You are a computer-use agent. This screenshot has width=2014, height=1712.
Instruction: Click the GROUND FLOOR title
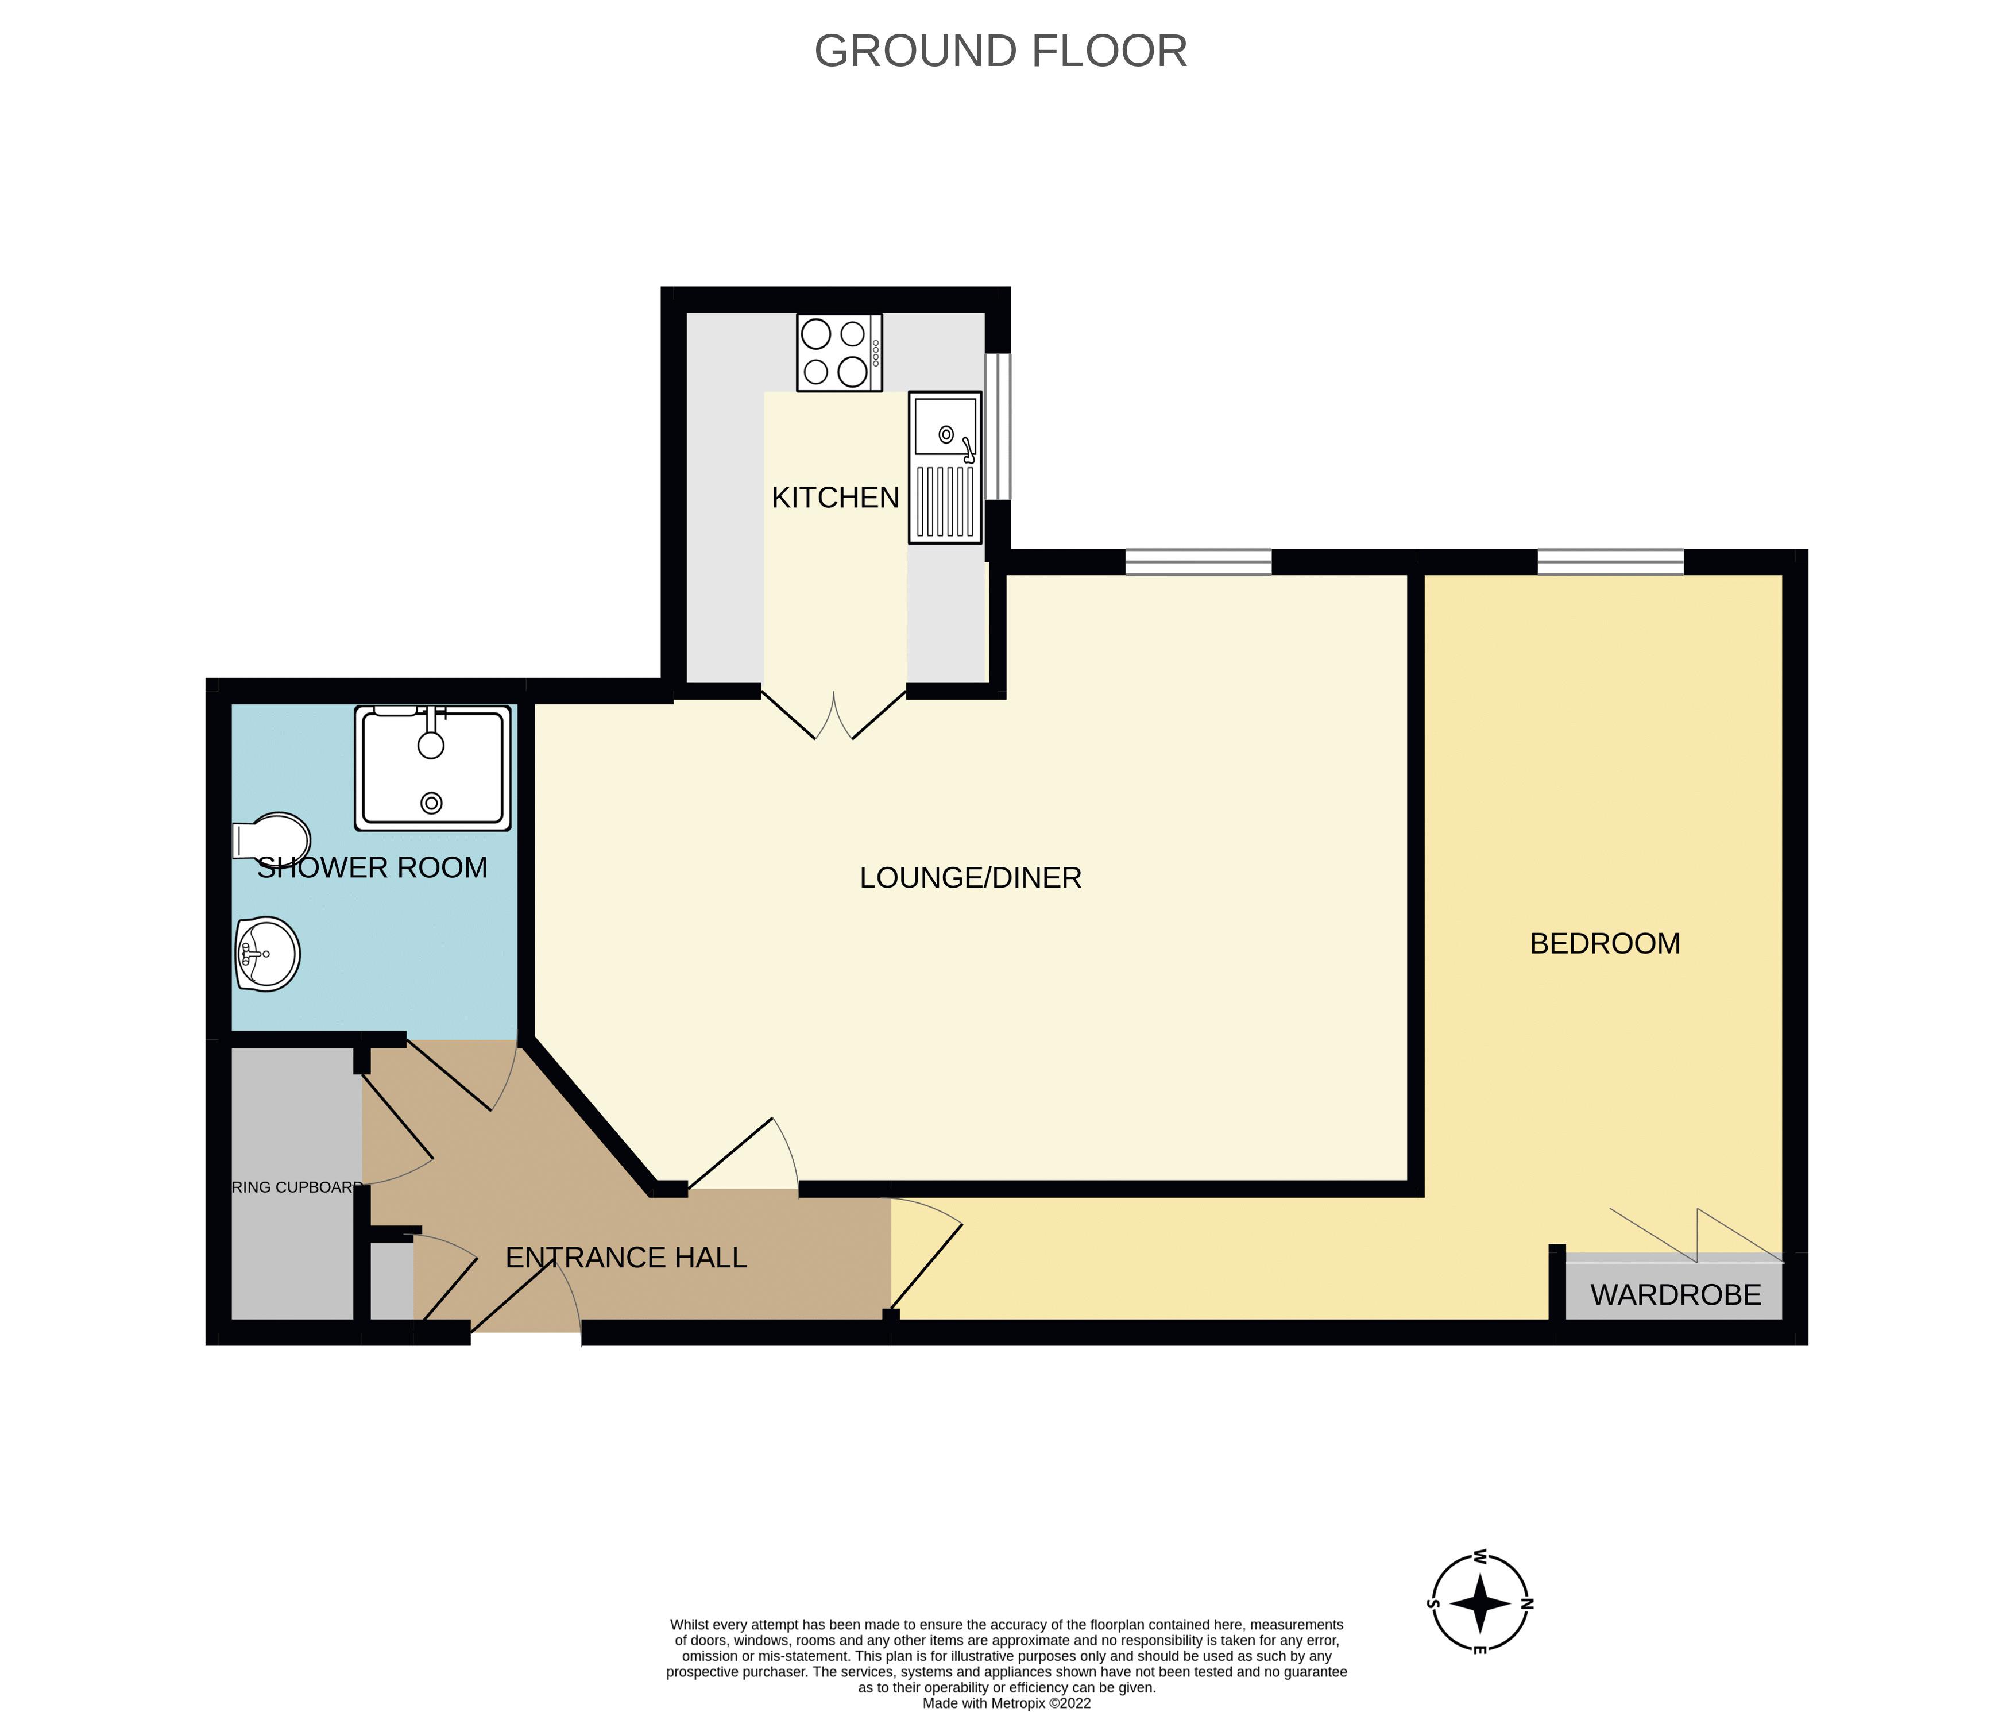pyautogui.click(x=1000, y=52)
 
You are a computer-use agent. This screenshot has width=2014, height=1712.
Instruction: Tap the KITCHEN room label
pyautogui.click(x=834, y=498)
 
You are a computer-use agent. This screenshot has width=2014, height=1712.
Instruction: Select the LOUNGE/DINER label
pyautogui.click(x=970, y=877)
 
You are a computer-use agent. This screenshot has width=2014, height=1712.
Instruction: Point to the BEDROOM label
pyautogui.click(x=1605, y=943)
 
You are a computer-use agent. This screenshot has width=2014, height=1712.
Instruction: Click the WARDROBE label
pyautogui.click(x=1675, y=1295)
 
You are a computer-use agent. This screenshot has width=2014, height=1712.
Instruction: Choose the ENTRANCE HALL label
pyautogui.click(x=626, y=1258)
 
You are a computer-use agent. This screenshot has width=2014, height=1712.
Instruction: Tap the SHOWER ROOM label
pyautogui.click(x=372, y=867)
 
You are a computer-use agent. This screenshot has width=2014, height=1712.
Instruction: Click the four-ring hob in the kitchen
pyautogui.click(x=838, y=352)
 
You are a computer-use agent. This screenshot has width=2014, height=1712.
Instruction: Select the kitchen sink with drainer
pyautogui.click(x=944, y=467)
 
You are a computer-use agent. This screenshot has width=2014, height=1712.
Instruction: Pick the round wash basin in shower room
pyautogui.click(x=267, y=954)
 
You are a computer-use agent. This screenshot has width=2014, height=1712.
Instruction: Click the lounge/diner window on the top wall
pyautogui.click(x=1197, y=562)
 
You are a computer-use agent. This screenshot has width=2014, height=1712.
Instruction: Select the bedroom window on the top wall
pyautogui.click(x=1610, y=562)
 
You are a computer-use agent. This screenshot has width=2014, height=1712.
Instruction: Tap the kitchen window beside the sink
pyautogui.click(x=998, y=427)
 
